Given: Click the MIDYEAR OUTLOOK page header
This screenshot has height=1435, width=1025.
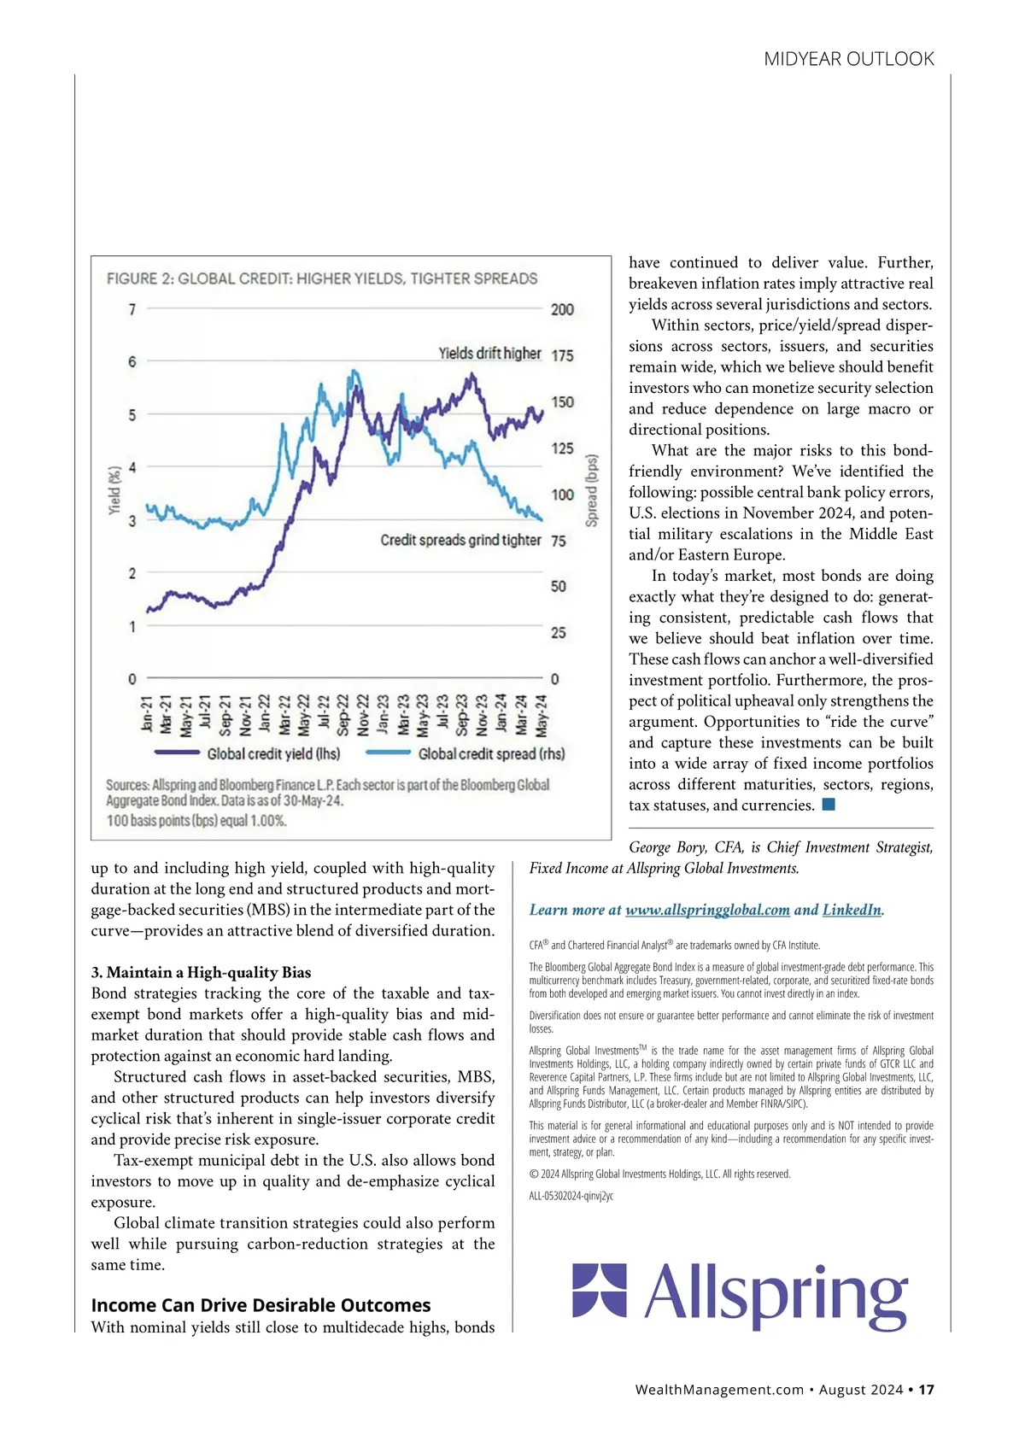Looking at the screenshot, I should pyautogui.click(x=848, y=59).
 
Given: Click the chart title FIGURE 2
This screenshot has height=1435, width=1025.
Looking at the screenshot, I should pyautogui.click(x=322, y=278).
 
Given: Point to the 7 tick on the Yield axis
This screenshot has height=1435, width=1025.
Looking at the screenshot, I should pyautogui.click(x=132, y=309).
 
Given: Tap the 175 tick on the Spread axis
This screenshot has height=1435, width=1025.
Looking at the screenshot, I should pyautogui.click(x=562, y=355).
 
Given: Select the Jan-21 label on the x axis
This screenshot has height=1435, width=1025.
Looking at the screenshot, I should pyautogui.click(x=147, y=714).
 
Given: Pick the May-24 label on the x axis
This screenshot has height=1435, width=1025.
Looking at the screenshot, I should pyautogui.click(x=542, y=714).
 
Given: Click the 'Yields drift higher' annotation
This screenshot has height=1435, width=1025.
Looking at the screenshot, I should pyautogui.click(x=489, y=353).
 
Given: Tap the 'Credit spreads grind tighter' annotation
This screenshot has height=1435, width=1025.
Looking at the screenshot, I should pyautogui.click(x=460, y=540).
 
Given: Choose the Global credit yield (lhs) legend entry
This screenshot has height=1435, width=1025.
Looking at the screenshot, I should pyautogui.click(x=273, y=753).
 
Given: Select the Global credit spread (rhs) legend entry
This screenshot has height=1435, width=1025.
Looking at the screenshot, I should pyautogui.click(x=491, y=753).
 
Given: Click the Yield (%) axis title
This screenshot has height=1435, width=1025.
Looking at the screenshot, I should pyautogui.click(x=114, y=490).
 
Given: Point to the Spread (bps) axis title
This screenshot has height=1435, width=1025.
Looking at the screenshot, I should pyautogui.click(x=591, y=490).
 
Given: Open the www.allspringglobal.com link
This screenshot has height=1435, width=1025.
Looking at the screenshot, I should pyautogui.click(x=707, y=910).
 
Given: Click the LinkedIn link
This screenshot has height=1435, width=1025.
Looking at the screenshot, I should pyautogui.click(x=852, y=910).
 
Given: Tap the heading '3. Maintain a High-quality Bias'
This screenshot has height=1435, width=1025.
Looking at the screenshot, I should pyautogui.click(x=201, y=972).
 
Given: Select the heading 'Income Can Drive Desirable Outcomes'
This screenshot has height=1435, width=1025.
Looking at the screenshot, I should pyautogui.click(x=261, y=1305).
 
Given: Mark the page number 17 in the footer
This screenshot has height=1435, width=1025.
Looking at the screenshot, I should pyautogui.click(x=927, y=1390).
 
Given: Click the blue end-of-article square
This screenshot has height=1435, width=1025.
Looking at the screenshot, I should pyautogui.click(x=828, y=805).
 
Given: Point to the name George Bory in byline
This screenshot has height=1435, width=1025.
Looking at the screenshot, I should pyautogui.click(x=667, y=847).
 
